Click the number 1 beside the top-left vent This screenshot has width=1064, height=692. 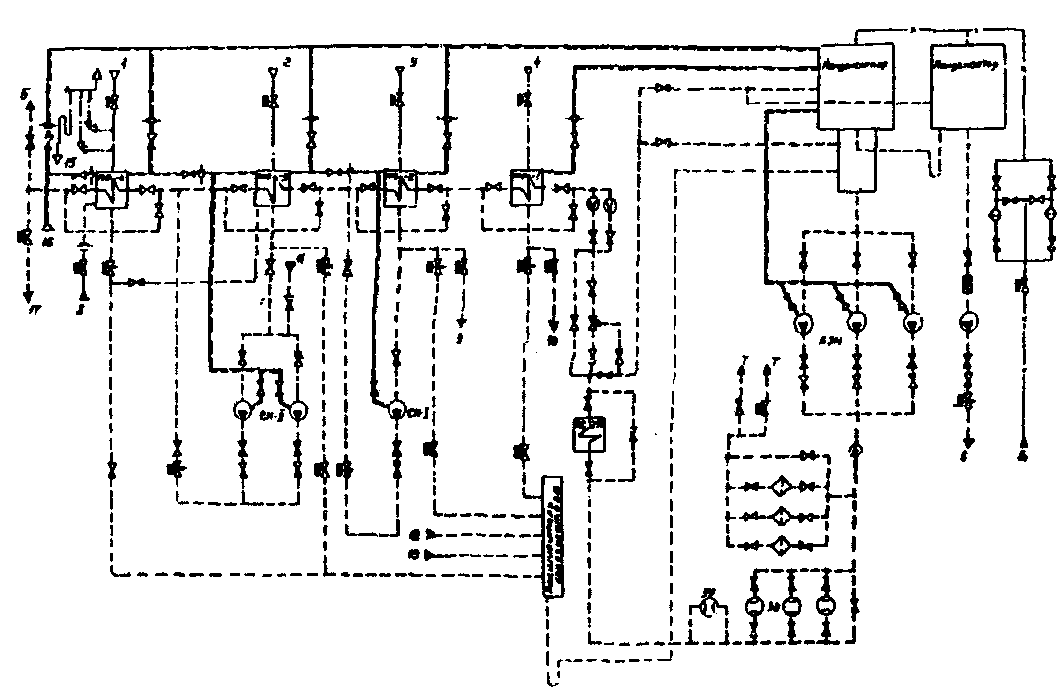pos(123,63)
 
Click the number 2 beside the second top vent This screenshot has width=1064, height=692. pos(287,63)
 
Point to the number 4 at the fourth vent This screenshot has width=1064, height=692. pos(537,63)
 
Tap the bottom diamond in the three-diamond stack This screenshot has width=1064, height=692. pos(778,544)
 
